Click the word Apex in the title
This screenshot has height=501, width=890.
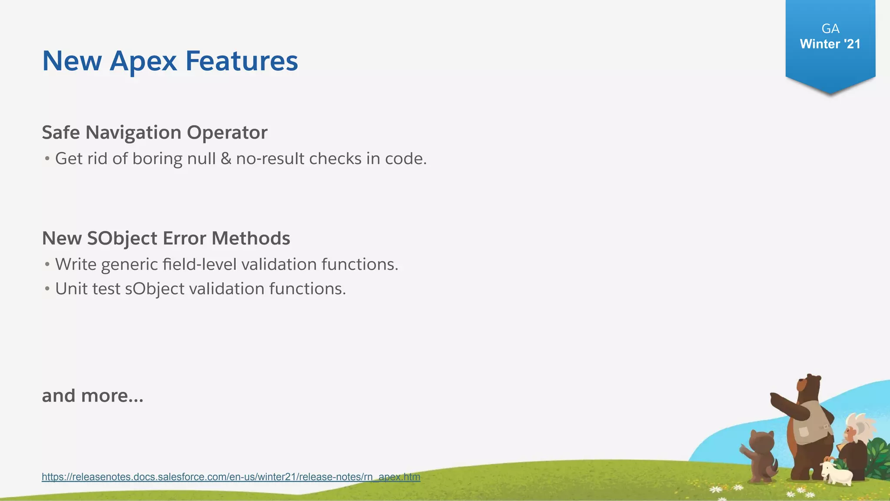coord(143,61)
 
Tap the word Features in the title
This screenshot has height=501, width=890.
coord(242,61)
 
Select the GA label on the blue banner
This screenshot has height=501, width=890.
coord(830,29)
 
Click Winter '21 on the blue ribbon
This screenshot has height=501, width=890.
coord(830,44)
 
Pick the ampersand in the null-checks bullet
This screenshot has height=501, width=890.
coord(226,159)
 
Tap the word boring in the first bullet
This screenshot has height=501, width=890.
coord(157,159)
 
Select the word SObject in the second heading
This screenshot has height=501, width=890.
coord(122,238)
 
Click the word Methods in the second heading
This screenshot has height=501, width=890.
coord(251,238)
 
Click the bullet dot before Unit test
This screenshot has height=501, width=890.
coord(47,289)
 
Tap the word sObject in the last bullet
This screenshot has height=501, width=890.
coord(155,289)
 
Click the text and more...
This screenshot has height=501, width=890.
coord(93,396)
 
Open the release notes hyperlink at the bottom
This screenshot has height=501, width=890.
coord(231,477)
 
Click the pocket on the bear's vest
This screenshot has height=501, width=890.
coord(804,431)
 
